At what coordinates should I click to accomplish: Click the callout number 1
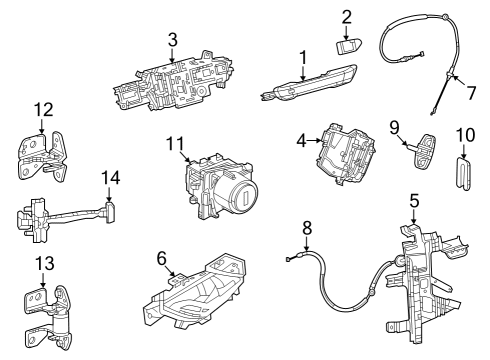(x=301, y=58)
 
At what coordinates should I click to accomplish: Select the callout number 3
(x=172, y=40)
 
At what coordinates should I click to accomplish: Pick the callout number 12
(x=41, y=109)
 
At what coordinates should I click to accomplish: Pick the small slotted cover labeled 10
(x=464, y=169)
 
